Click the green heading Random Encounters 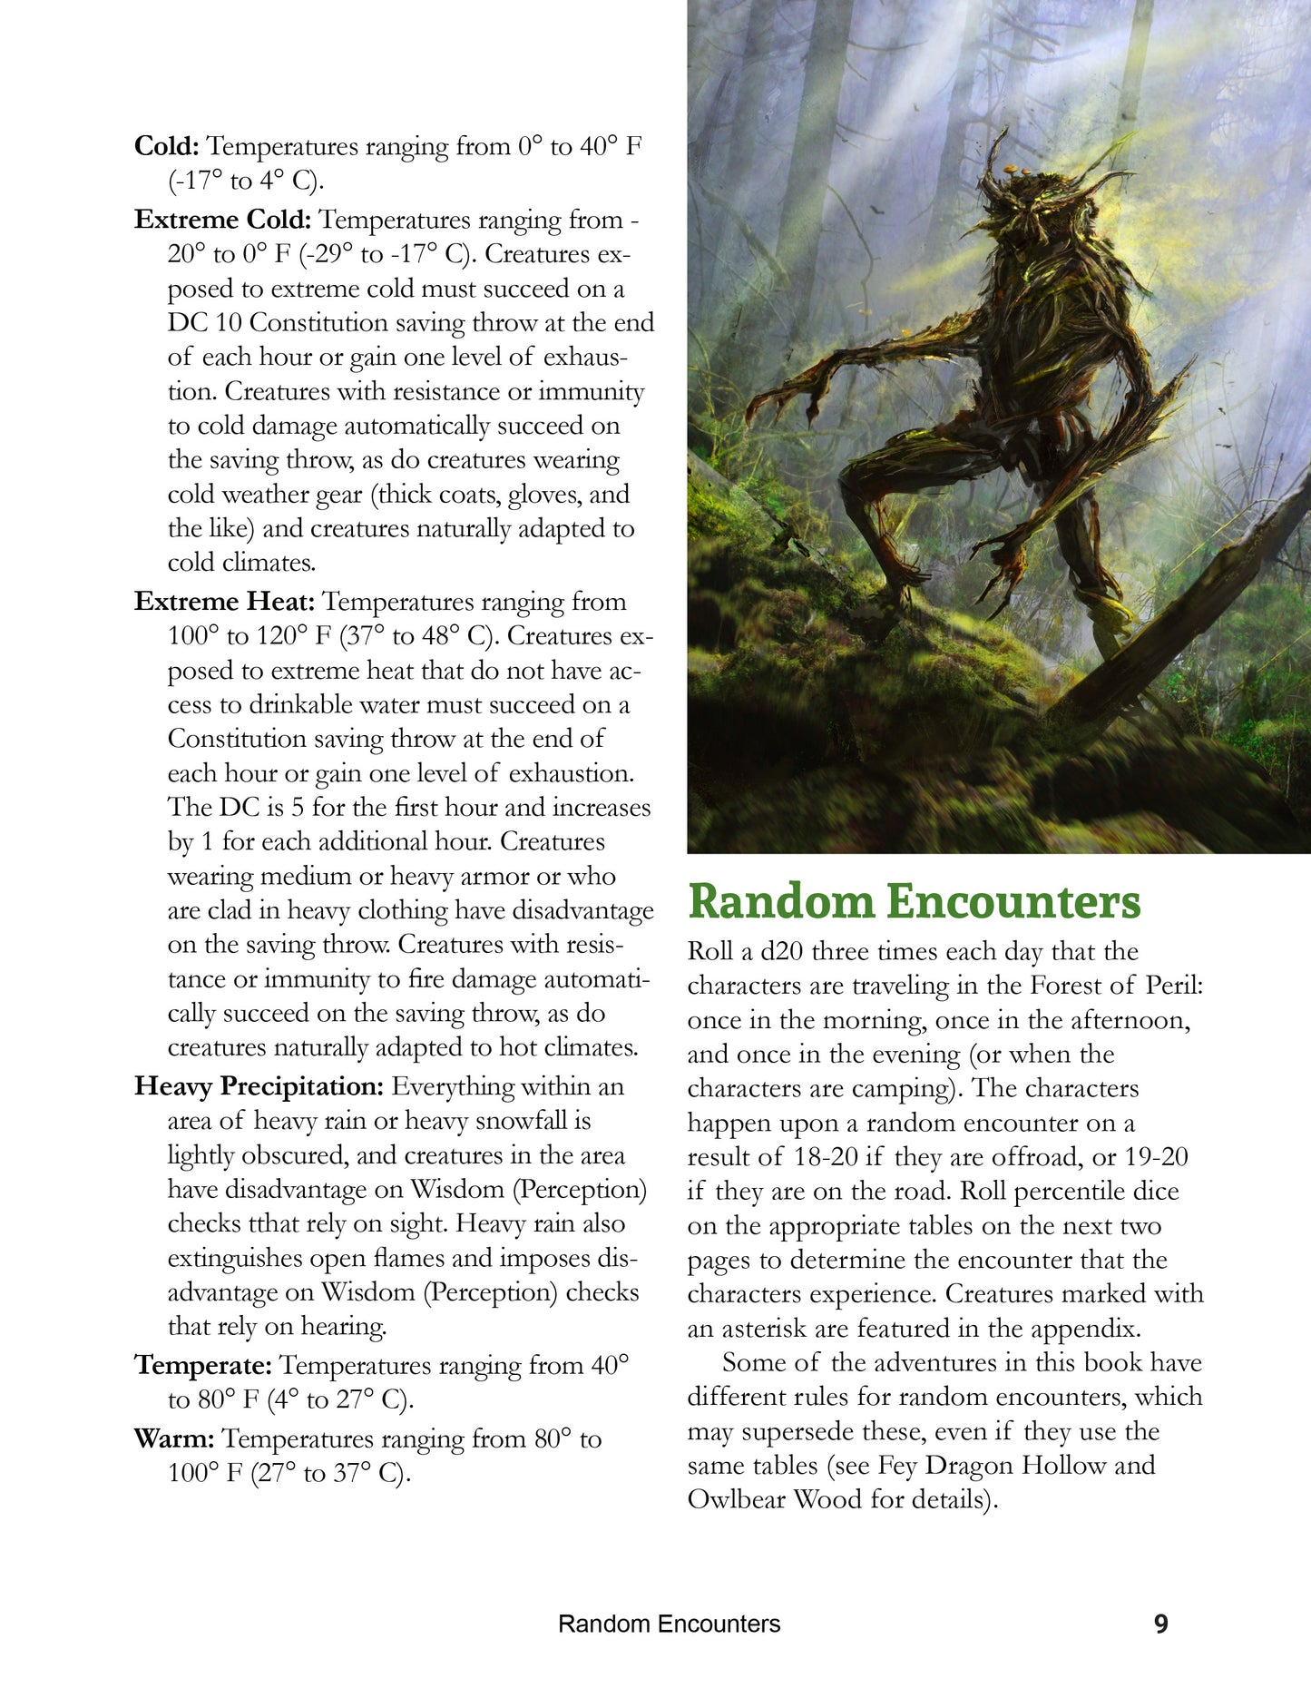click(914, 901)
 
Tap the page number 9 click(1160, 1624)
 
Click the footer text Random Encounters click(669, 1624)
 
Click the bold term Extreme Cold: click(223, 220)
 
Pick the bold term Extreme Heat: click(224, 602)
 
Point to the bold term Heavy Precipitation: click(259, 1086)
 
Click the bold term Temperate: click(203, 1365)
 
